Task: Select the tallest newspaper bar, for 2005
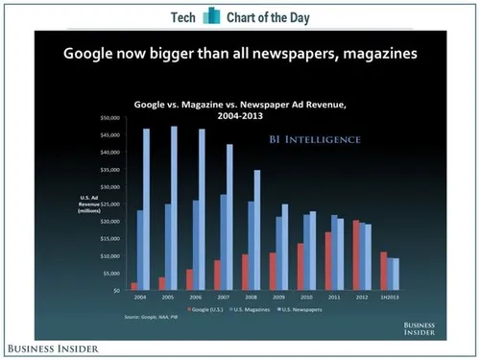coord(174,207)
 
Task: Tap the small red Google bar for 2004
coord(133,286)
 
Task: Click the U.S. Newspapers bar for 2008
coord(256,229)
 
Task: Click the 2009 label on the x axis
coord(278,298)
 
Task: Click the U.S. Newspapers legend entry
coord(303,308)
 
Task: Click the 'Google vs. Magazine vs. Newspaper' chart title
coord(240,104)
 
